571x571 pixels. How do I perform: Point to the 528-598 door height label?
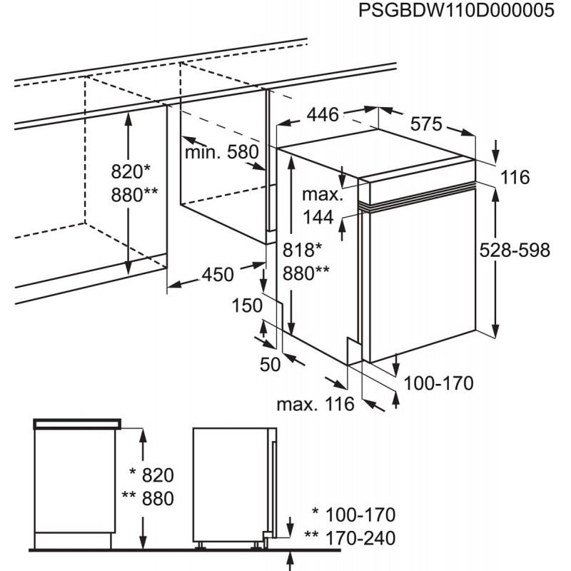[515, 250]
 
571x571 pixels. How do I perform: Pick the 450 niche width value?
[218, 274]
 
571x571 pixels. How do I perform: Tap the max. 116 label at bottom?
[315, 405]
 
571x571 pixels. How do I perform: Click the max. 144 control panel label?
[318, 206]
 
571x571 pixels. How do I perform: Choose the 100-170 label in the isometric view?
[438, 384]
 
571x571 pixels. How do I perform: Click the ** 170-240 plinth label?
[349, 537]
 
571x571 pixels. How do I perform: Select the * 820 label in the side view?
[151, 475]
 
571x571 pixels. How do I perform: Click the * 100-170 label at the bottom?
[353, 514]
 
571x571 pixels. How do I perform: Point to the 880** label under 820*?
[135, 194]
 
